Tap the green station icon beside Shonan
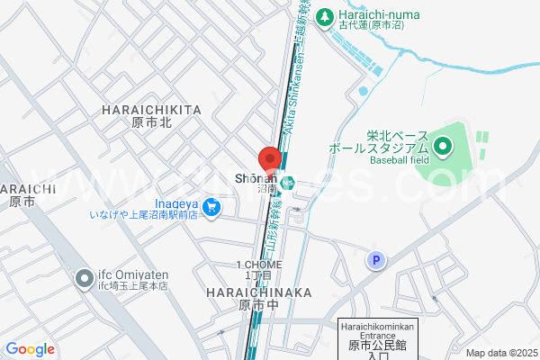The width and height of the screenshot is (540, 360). (287, 183)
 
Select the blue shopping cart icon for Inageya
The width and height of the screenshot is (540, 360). (211, 208)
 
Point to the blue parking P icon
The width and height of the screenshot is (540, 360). (375, 260)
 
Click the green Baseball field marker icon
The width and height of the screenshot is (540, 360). (442, 144)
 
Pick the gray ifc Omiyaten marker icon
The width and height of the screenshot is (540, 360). (84, 275)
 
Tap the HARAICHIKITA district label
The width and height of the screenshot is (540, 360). (151, 109)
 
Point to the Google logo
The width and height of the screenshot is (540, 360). (30, 349)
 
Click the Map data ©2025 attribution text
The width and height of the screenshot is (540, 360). (500, 352)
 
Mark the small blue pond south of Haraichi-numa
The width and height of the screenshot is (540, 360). (363, 90)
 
